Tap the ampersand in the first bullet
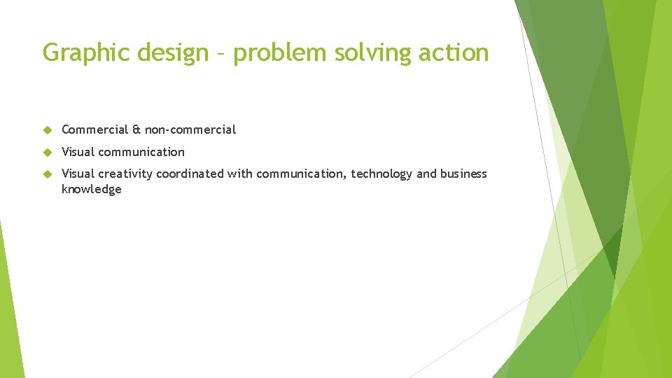point(136,129)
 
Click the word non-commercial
point(190,129)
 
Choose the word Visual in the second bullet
point(78,152)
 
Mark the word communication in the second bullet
point(142,152)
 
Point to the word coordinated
point(189,174)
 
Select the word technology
point(381,174)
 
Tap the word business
point(463,174)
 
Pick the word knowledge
point(92,189)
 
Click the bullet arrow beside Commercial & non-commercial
point(48,129)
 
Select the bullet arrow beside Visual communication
point(48,152)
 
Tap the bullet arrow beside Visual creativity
point(48,174)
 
